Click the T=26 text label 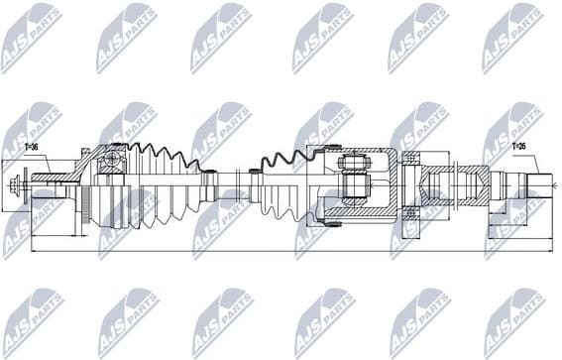point(518,147)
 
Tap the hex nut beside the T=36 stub point(19,184)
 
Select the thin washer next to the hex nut point(28,184)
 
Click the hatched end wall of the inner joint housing point(391,184)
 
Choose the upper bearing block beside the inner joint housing point(411,159)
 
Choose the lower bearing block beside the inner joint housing point(411,211)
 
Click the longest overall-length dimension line point(287,251)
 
